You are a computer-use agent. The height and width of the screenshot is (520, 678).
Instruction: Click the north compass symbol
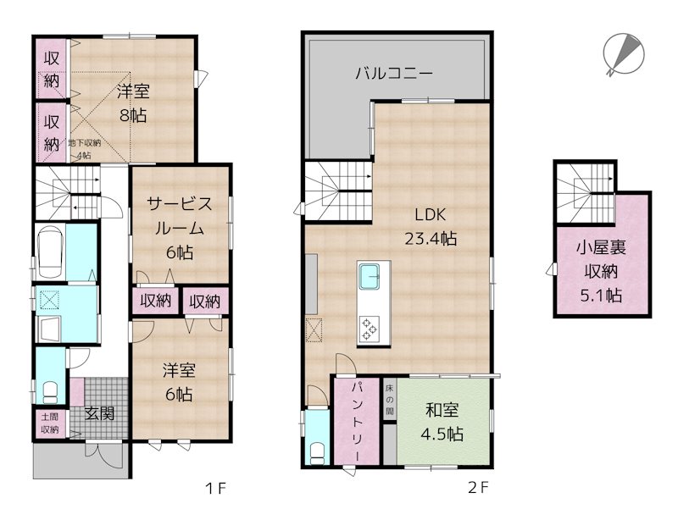point(624,55)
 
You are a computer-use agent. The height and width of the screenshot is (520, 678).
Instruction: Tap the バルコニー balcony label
point(394,73)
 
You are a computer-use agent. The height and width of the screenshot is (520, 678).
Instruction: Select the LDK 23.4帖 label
point(431,226)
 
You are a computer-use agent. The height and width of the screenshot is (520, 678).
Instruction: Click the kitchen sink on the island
point(369,276)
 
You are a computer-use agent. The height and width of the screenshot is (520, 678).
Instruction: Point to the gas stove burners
point(369,329)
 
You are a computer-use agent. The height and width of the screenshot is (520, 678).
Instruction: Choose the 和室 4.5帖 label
point(442,422)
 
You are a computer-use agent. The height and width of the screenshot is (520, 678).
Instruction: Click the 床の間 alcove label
point(390,400)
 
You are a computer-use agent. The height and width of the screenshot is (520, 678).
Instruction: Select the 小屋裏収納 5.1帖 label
point(601,272)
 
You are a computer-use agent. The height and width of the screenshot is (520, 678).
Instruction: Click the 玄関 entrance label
point(99,413)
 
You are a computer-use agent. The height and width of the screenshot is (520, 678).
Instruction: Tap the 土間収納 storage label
point(50,423)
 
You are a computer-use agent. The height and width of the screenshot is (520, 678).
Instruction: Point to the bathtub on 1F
point(51,253)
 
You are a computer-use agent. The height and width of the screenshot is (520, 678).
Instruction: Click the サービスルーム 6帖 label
point(180,228)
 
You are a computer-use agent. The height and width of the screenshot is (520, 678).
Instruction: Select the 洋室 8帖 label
point(133,103)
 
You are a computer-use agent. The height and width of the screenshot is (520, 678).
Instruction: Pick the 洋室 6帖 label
point(179,382)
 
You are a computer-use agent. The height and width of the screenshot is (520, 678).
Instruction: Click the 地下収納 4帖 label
point(84,149)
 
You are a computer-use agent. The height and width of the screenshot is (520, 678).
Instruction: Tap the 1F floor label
point(215,489)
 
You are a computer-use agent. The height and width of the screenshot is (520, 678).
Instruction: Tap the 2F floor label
point(478,488)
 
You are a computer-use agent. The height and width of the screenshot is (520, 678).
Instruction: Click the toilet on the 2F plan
point(318,452)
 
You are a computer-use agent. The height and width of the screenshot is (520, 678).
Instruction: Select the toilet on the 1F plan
point(51,392)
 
